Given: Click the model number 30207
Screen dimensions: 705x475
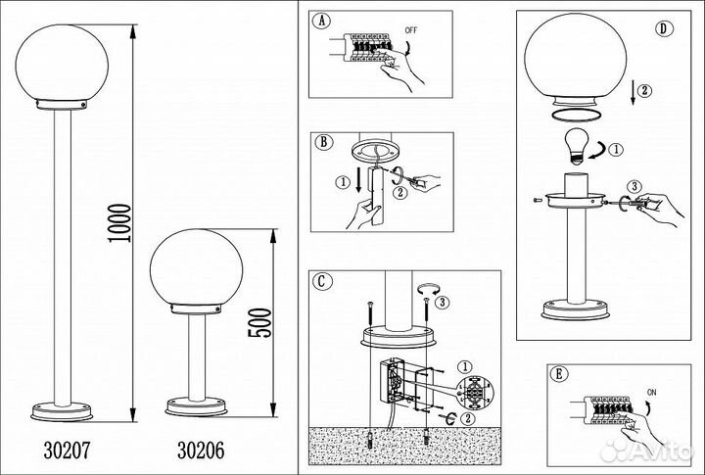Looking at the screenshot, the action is click(67, 450).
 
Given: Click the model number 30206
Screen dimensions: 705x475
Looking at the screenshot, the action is click(201, 450).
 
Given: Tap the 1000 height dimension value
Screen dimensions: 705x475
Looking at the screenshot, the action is click(119, 223).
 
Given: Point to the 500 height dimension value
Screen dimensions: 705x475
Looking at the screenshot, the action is click(259, 322).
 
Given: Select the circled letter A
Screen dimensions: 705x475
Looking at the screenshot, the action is click(321, 22).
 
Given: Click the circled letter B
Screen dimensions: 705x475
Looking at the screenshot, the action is click(324, 142).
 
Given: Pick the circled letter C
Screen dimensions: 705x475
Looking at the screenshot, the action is click(322, 282).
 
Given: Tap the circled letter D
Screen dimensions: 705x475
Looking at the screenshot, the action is click(664, 28).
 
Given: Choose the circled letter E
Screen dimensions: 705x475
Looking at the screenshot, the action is click(559, 374).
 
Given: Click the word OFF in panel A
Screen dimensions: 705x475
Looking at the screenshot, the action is click(411, 30).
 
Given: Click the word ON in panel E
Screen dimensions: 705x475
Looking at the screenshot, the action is click(651, 393).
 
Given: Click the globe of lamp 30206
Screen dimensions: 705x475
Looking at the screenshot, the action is click(196, 267).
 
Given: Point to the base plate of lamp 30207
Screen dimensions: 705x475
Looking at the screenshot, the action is click(62, 411).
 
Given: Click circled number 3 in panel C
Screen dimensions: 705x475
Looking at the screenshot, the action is click(442, 302).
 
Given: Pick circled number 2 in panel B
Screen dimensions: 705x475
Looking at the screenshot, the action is click(399, 193).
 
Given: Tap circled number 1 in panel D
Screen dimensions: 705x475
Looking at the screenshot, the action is click(616, 149).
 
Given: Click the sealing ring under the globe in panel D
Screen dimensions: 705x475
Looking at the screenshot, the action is click(576, 115).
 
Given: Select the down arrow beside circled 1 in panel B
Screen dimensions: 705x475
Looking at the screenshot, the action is click(359, 181).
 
